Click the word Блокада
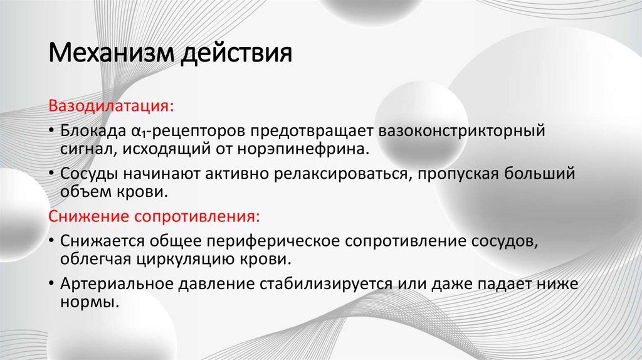[x=92, y=132]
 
